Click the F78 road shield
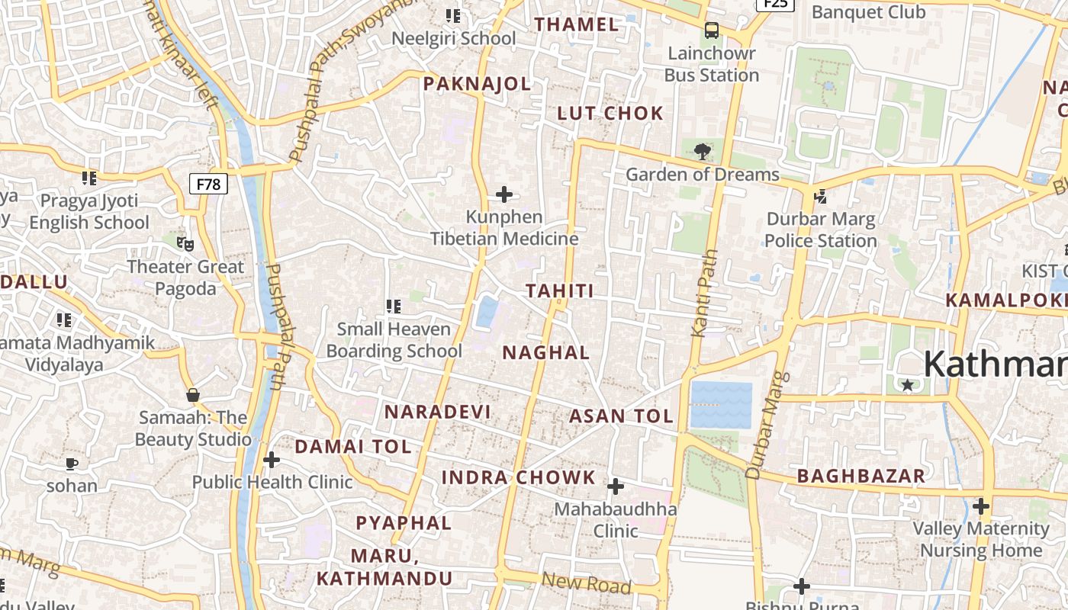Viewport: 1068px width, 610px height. click(208, 184)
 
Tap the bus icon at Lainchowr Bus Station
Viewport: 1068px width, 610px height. click(712, 31)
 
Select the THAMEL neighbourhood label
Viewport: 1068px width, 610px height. click(576, 24)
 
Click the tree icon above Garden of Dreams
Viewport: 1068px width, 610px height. click(702, 151)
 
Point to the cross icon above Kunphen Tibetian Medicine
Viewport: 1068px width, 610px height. click(504, 194)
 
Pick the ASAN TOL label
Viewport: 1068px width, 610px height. click(621, 416)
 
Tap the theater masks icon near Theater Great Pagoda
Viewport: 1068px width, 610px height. click(185, 244)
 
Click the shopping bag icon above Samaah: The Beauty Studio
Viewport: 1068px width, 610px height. click(193, 395)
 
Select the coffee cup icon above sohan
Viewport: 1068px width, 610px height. click(72, 463)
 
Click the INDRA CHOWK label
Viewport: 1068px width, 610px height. click(519, 478)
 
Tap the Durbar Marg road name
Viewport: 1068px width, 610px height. click(767, 425)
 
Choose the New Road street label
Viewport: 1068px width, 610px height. click(586, 583)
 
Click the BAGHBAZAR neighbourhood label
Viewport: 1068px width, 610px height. click(861, 477)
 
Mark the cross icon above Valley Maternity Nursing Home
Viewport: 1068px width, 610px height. click(981, 506)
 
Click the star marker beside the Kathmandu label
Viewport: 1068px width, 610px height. click(907, 386)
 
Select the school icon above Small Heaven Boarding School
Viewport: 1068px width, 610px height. click(394, 307)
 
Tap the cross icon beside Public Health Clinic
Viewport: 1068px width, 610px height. click(271, 460)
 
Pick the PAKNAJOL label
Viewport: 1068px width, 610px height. click(477, 84)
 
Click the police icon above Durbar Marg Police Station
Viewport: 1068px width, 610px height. click(821, 197)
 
